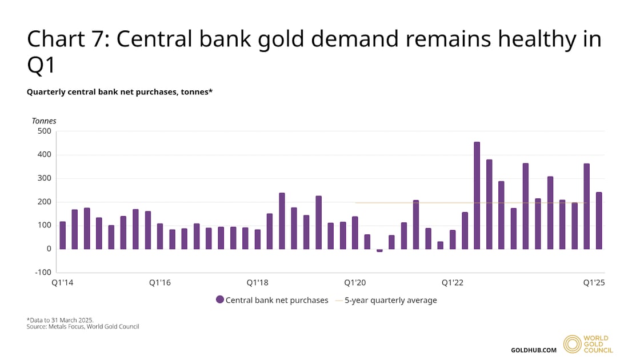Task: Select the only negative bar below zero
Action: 379,250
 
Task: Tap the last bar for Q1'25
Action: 599,221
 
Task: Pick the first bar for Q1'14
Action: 62,235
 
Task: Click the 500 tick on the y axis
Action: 44,131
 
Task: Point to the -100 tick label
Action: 42,273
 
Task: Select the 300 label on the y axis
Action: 44,178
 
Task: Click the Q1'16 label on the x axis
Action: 160,283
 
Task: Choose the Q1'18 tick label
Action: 258,283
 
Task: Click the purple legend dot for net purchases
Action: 219,300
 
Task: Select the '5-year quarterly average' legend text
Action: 390,300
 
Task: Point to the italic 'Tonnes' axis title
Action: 43,121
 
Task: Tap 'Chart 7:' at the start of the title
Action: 63,39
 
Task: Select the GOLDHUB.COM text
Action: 533,350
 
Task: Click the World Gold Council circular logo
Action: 572,344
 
